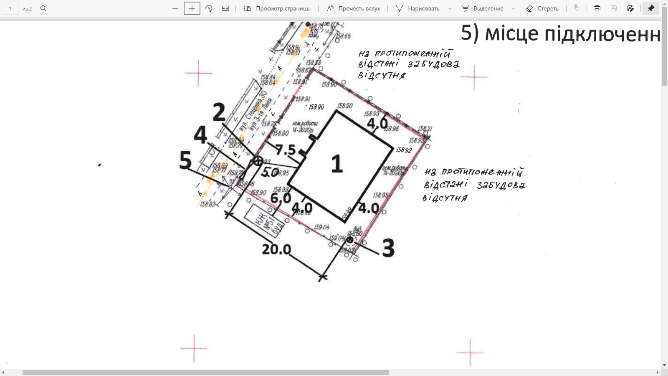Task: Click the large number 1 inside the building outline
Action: tap(337, 164)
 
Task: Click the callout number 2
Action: tap(219, 112)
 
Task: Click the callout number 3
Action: tap(388, 248)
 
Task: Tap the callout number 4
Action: tap(200, 135)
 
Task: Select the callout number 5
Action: tap(185, 160)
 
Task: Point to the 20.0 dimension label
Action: tap(276, 249)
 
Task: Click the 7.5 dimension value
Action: tap(285, 150)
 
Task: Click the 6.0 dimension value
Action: tap(281, 198)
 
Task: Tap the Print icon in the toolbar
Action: tap(597, 8)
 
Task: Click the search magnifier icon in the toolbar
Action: tap(43, 8)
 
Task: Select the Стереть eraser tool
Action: tap(542, 8)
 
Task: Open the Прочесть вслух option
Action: tap(354, 8)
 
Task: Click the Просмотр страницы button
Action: tap(277, 8)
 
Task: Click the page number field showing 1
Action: tap(10, 8)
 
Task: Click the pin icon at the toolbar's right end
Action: tap(651, 8)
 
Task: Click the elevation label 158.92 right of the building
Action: tap(404, 150)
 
